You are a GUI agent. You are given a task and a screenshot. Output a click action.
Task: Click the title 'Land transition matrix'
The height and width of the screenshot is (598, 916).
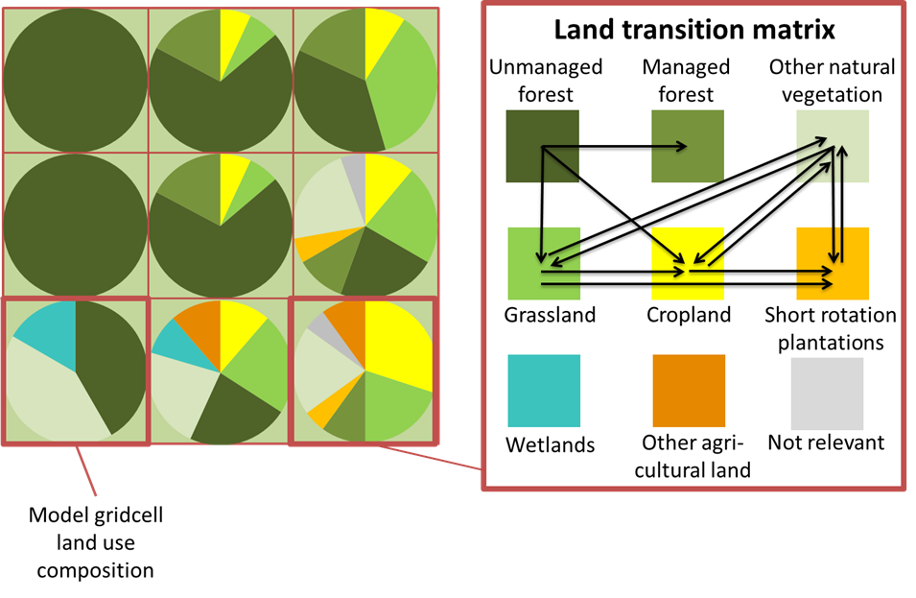(x=694, y=30)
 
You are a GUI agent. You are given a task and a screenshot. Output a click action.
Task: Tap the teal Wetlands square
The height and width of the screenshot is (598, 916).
(x=543, y=391)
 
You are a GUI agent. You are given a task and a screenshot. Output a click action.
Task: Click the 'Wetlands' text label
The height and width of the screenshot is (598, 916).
(x=551, y=444)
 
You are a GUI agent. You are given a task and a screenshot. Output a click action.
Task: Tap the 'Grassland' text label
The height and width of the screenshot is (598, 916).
(x=551, y=315)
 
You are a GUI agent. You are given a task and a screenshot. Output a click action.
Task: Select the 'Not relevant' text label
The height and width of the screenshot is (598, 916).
(x=826, y=443)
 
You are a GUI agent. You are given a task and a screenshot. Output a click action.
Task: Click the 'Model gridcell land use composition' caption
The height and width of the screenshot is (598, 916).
(x=94, y=543)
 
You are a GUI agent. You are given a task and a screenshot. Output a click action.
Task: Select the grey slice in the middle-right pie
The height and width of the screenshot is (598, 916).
(x=354, y=173)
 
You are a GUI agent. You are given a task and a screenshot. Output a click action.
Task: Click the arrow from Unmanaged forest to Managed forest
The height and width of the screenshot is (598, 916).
(x=614, y=147)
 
